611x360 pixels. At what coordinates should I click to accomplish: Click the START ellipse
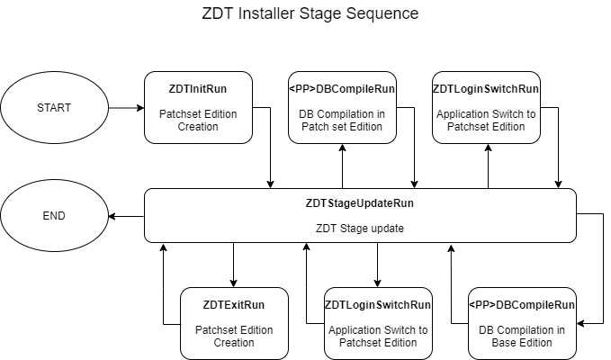click(x=53, y=108)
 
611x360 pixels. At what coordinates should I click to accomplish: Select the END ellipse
click(x=53, y=216)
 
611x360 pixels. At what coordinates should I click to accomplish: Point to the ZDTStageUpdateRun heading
click(x=360, y=203)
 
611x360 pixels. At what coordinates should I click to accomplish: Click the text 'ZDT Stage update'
click(x=360, y=228)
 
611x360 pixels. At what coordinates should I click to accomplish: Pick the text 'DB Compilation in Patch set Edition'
click(x=342, y=121)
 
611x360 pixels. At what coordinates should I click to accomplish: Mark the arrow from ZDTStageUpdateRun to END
click(x=126, y=216)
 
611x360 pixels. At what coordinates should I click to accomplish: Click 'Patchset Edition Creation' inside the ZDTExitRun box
click(x=233, y=336)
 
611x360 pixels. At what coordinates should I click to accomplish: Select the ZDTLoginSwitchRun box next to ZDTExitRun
click(x=378, y=323)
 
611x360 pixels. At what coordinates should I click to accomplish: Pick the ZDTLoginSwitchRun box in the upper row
click(x=486, y=107)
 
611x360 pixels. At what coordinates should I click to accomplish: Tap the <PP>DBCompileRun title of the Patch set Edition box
click(x=342, y=90)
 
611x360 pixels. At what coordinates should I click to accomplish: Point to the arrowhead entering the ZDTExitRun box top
click(x=234, y=283)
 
